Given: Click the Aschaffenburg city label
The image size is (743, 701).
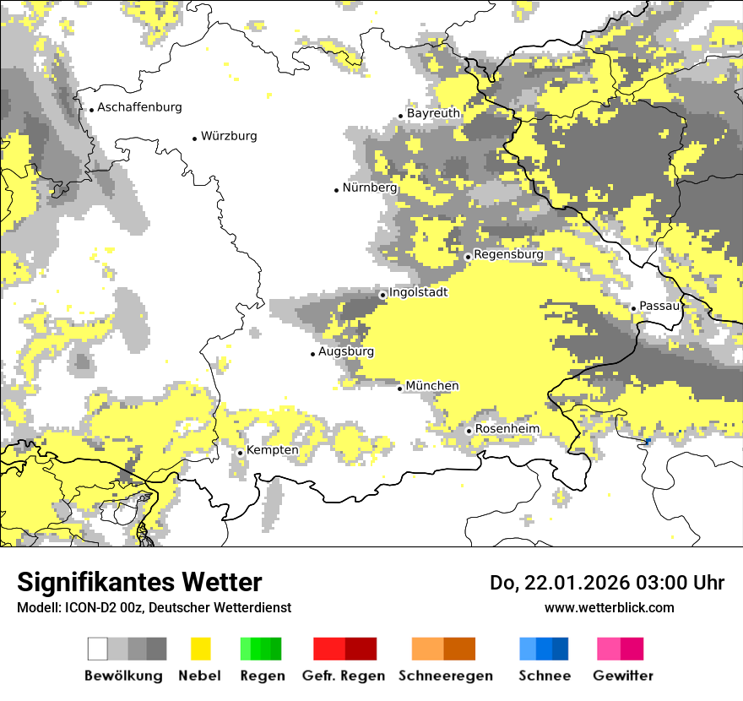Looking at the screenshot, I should click(139, 107).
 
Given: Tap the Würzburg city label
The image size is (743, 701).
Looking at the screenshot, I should click(229, 136).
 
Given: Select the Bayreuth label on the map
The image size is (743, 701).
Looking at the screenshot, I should click(433, 113).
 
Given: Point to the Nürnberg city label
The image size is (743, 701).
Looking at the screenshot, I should click(370, 188).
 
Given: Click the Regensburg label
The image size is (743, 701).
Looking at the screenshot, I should click(508, 254).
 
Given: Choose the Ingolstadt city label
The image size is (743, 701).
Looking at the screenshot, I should click(418, 292).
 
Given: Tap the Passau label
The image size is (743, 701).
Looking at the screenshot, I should click(659, 306).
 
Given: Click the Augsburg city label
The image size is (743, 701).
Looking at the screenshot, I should click(346, 351).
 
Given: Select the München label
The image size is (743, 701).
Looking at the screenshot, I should click(432, 386).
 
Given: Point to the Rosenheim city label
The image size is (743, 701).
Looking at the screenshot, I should click(507, 429).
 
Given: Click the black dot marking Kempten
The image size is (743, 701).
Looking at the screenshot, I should click(240, 453).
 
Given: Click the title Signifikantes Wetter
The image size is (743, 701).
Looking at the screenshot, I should click(139, 582).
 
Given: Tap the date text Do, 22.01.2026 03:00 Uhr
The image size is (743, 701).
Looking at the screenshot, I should click(607, 583).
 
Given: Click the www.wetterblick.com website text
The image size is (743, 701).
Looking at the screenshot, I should click(610, 607).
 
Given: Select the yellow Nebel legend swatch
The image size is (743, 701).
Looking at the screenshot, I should click(201, 649).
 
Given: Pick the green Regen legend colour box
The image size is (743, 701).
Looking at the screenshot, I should click(261, 649).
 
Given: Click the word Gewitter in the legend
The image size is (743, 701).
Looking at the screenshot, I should click(623, 676).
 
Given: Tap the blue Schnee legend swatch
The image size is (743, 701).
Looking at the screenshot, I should click(544, 649).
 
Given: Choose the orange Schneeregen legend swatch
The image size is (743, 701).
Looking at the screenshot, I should click(444, 649).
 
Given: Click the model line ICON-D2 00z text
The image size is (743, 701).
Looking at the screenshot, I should click(155, 607).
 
